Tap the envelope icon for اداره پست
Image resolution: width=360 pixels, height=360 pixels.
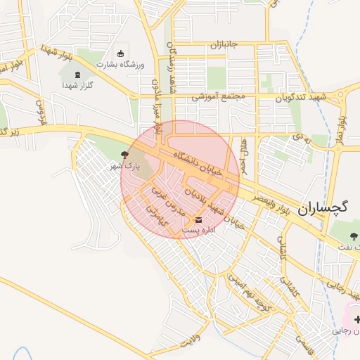[x=198, y=220]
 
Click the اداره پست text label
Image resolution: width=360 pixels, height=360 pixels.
[x=199, y=230]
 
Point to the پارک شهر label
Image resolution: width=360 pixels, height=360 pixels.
[x=125, y=167]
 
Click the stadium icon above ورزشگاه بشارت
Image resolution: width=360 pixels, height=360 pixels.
[x=120, y=54]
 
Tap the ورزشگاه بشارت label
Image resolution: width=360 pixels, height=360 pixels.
[x=120, y=65]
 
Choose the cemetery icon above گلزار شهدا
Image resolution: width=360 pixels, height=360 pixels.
[x=77, y=75]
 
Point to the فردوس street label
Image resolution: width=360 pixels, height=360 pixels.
[x=40, y=112]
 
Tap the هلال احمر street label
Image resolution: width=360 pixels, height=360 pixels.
[x=244, y=157]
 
